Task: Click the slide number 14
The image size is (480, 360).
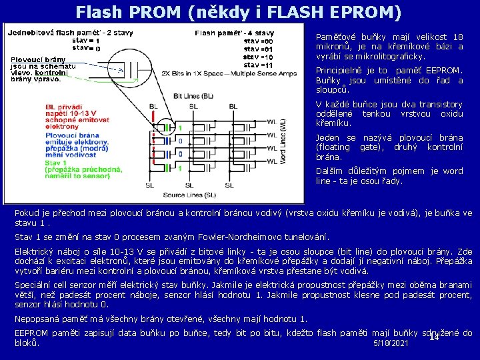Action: pos(433,337)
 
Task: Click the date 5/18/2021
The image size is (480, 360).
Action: pos(391,343)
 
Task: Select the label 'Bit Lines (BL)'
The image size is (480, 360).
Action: pos(193,96)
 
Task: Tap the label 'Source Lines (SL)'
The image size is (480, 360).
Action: pos(189,195)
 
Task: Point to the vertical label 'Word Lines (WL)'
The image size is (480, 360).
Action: pos(283,143)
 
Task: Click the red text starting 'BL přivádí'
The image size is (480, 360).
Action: pos(63,107)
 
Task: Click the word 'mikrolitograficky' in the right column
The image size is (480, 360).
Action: pos(387,57)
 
